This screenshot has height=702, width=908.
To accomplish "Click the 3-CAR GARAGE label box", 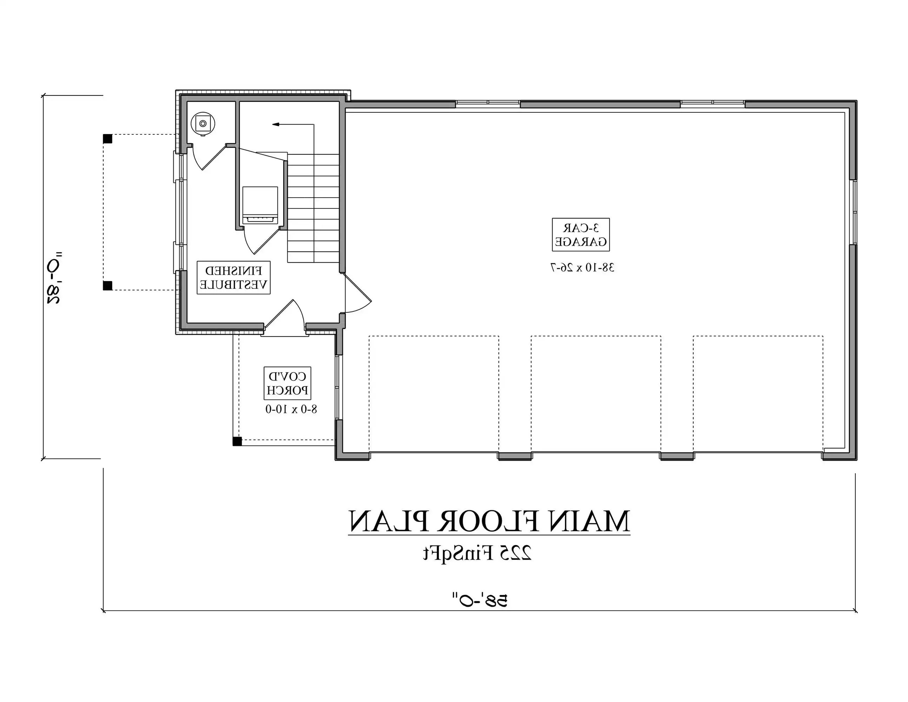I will pos(580,234).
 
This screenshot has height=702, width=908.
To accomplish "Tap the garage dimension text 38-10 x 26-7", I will pos(582,267).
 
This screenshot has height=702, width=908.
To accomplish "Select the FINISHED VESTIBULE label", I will pos(233,277).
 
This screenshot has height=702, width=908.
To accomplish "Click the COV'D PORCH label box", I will pos(287,383).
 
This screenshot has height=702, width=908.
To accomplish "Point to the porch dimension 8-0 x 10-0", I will pos(291,409).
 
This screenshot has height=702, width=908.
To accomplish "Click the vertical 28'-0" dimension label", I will pos(54,277).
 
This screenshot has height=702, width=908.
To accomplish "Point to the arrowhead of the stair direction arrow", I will pos(275,124).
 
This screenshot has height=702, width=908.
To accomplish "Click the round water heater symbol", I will pos(202,124).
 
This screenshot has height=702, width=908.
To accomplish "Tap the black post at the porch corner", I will pos(237,441).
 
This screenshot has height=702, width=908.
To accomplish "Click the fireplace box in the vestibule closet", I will pos(260,206).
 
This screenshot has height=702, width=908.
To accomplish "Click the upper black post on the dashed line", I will pos(107,139).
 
